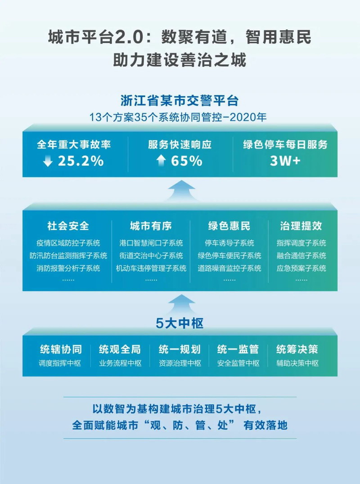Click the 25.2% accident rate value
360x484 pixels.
(81, 161)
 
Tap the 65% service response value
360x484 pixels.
(186, 161)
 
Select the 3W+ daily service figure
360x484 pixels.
(285, 161)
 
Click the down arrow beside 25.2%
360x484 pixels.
(48, 161)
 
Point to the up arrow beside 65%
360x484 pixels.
(161, 161)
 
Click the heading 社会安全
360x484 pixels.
(68, 225)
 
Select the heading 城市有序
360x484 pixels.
(151, 225)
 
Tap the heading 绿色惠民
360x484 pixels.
(229, 225)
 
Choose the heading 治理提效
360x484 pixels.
(301, 225)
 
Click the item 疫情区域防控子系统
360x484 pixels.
(68, 243)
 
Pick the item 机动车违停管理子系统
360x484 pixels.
(151, 269)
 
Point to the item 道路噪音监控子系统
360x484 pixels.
(229, 269)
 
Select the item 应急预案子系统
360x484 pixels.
(301, 269)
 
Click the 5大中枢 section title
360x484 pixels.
(180, 323)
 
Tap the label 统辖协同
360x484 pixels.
(61, 350)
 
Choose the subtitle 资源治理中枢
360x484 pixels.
(180, 363)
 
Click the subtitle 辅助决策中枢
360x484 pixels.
(297, 363)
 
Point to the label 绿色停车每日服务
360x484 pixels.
(285, 145)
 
